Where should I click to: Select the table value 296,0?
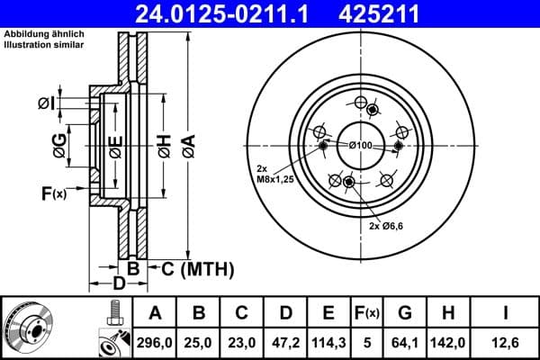155,343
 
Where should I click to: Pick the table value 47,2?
284,343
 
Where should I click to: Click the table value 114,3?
328,343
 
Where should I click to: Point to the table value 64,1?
405,343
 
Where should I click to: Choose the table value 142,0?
449,343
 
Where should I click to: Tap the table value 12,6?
506,343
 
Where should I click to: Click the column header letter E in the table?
328,313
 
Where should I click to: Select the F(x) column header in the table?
366,313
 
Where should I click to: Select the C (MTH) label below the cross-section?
197,268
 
